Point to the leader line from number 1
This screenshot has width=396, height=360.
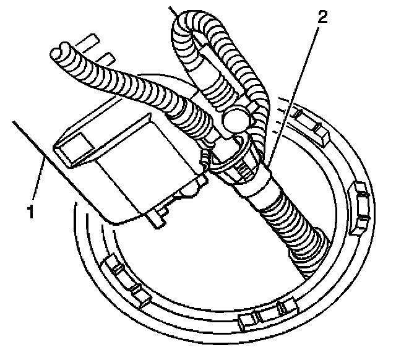(x=37, y=182)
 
